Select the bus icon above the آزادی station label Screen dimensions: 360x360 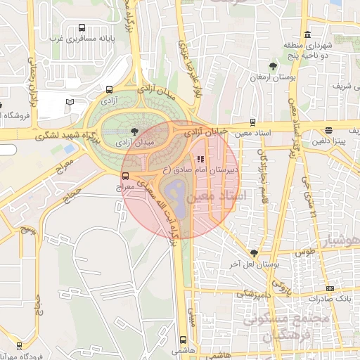pyautogui.click(x=108, y=90)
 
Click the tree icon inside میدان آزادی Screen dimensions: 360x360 pyautogui.click(x=134, y=131)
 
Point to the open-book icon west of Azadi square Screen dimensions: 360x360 pyautogui.click(x=70, y=102)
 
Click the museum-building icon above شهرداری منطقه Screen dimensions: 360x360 pyautogui.click(x=307, y=34)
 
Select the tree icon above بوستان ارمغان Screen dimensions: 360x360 pyautogui.click(x=272, y=65)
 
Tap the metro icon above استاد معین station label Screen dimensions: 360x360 pyautogui.click(x=253, y=122)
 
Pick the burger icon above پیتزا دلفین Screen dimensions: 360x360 pyautogui.click(x=329, y=129)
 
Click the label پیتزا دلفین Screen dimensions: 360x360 pyautogui.click(x=334, y=141)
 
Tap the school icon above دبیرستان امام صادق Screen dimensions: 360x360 pyautogui.click(x=199, y=159)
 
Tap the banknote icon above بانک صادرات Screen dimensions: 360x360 pyautogui.click(x=330, y=288)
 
